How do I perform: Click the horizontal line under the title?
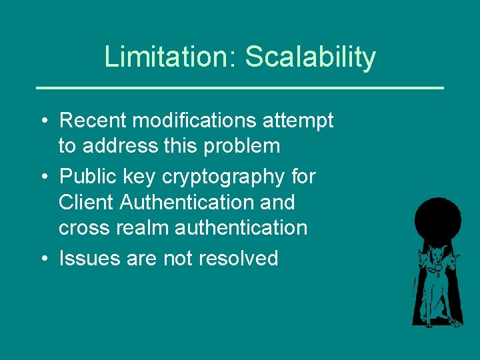coord(239,87)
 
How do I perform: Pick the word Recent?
coord(93,121)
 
